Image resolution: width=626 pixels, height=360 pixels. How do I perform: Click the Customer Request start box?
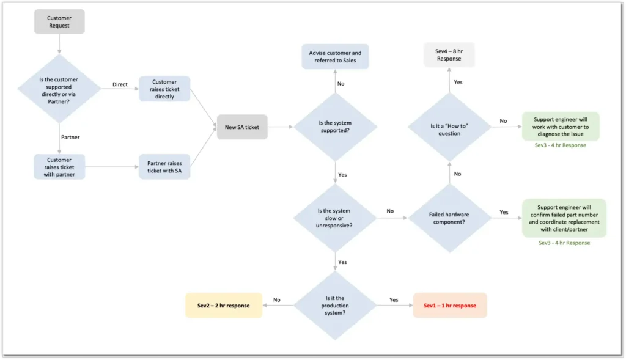(59, 22)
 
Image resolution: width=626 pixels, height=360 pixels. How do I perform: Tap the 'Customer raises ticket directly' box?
(164, 89)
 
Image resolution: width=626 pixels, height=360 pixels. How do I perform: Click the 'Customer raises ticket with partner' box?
(59, 167)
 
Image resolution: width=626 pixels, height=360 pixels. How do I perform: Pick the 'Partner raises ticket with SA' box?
(164, 167)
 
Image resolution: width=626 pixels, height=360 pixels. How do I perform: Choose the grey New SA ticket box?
(242, 127)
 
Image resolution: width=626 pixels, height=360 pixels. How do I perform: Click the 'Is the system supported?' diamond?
(335, 127)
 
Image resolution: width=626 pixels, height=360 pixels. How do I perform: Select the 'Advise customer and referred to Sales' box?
(335, 56)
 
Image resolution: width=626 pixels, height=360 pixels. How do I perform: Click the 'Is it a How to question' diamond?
(449, 127)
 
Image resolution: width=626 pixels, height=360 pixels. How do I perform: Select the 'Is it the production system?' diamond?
(335, 305)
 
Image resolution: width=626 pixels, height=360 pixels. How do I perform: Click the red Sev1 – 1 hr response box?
(450, 305)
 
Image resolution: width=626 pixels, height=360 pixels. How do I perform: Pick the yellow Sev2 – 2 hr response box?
(224, 305)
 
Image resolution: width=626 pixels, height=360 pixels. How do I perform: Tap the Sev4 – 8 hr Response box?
(449, 55)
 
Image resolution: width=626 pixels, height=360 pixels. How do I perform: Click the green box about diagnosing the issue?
(561, 126)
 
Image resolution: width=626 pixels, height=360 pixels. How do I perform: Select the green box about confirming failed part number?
(564, 218)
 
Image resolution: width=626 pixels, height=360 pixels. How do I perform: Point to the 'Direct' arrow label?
(120, 84)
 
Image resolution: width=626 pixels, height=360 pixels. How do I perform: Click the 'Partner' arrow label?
(70, 137)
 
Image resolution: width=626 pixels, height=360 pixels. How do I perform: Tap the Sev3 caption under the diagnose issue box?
(561, 145)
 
